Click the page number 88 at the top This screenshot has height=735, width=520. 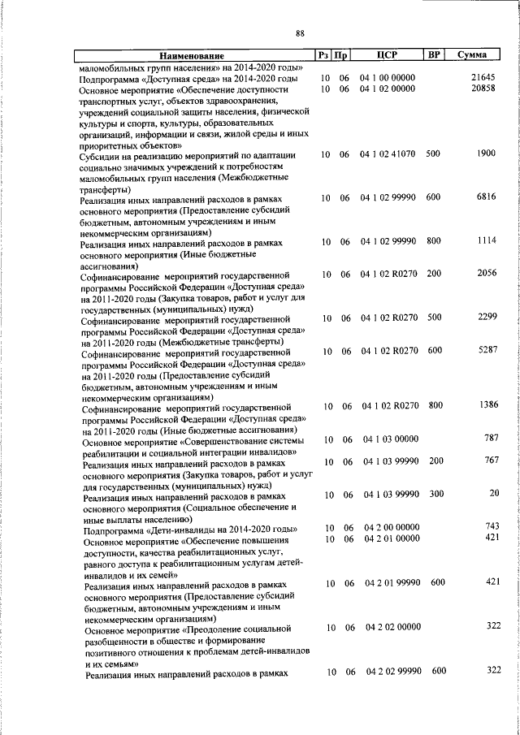pos(300,33)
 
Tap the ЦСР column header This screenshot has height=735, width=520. pos(386,55)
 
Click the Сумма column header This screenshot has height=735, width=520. pos(471,55)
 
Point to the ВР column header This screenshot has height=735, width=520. pos(434,55)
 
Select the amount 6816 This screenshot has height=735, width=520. pos(485,197)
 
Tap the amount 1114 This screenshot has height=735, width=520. pos(485,241)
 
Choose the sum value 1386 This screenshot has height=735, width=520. pos(485,405)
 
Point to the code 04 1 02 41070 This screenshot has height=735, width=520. pos(388,153)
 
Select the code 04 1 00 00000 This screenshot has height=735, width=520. pos(387,78)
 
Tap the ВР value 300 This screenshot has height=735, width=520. pos(435,494)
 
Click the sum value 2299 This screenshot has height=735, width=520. pos(485,318)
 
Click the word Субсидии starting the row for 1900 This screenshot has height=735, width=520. pos(102,155)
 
